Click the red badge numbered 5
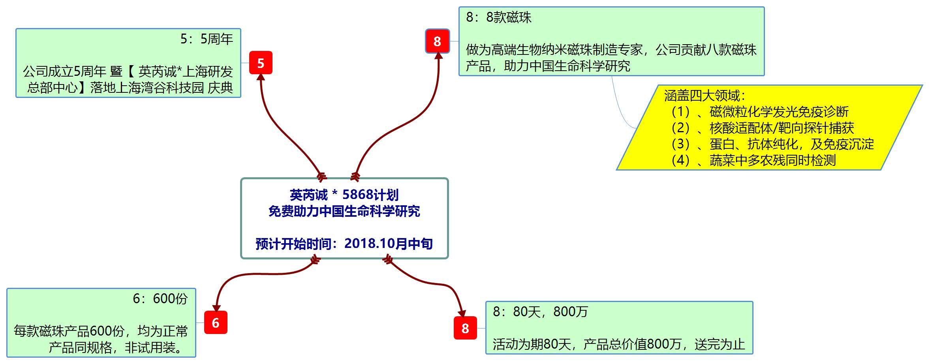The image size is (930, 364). coord(261,63)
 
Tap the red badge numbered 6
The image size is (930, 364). coord(216,323)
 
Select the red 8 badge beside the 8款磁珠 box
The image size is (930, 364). coord(437,41)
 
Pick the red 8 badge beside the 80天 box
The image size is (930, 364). coord(465,328)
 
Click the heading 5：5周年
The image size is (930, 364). coord(207,39)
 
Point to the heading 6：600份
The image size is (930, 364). coord(160,298)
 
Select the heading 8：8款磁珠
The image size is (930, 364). coord(498,17)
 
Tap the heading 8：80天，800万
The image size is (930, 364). coord(540,312)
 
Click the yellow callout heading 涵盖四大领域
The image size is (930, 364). coord(705,96)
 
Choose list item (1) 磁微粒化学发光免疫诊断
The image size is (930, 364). coord(760,112)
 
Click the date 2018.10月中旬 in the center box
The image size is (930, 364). coord(389,244)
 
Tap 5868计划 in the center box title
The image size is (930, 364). coord(370,195)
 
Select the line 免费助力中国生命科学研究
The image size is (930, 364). coord(344,211)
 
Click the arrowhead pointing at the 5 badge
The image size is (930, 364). coord(261,77)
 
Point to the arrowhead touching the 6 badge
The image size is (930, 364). coord(216,308)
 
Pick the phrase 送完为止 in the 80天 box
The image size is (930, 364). coord(720,344)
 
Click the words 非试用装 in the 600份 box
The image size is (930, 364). coord(150,347)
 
